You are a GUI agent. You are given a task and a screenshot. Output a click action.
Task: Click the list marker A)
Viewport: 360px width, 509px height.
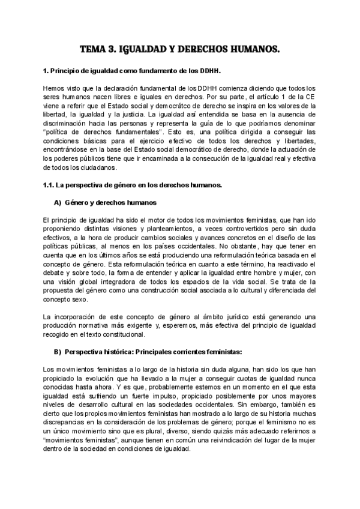58,202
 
